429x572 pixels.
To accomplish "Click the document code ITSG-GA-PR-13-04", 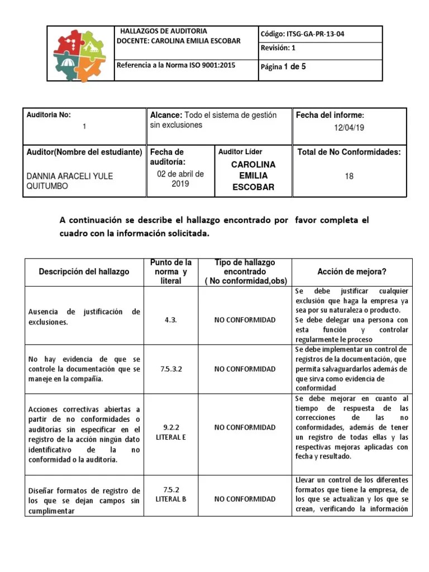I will pyautogui.click(x=302, y=34).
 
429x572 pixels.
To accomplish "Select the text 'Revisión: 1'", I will pyautogui.click(x=278, y=48).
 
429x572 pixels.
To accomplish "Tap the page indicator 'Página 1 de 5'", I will pyautogui.click(x=283, y=67).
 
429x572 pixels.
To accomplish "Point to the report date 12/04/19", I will pyautogui.click(x=349, y=128).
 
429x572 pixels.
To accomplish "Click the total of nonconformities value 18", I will pyautogui.click(x=349, y=177).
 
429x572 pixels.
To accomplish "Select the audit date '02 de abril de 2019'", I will pyautogui.click(x=180, y=178).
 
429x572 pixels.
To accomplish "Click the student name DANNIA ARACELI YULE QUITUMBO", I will pyautogui.click(x=70, y=181).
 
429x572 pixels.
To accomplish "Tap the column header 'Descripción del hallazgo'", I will pyautogui.click(x=84, y=271).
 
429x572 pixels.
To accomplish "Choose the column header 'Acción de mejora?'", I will pyautogui.click(x=352, y=271).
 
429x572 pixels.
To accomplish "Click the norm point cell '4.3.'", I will pyautogui.click(x=171, y=320).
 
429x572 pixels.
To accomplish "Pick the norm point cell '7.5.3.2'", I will pyautogui.click(x=171, y=369).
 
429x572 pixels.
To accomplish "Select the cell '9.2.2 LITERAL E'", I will pyautogui.click(x=171, y=432).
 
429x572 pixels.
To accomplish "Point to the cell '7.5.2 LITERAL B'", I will pyautogui.click(x=171, y=494).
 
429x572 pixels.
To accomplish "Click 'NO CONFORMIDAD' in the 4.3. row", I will pyautogui.click(x=245, y=320).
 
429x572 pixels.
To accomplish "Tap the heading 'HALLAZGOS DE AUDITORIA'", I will pyautogui.click(x=164, y=31).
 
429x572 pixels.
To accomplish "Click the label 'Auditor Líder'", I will pyautogui.click(x=240, y=151).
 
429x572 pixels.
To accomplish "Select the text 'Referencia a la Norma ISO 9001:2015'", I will pyautogui.click(x=176, y=65).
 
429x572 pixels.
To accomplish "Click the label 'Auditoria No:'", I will pyautogui.click(x=49, y=115).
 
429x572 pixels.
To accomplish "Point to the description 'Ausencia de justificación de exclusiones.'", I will pyautogui.click(x=84, y=317).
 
